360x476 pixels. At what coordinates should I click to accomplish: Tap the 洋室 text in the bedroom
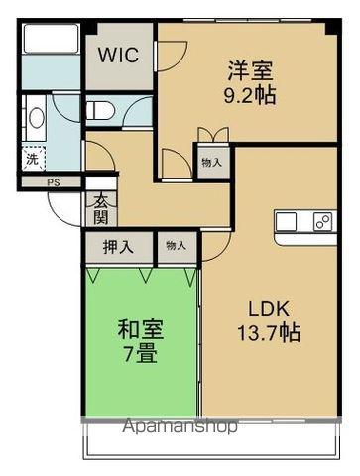pos(251,71)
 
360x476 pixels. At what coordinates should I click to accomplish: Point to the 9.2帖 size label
pos(251,95)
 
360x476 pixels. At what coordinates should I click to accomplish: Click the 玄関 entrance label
pos(100,208)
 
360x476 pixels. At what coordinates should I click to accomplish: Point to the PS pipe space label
pos(53,182)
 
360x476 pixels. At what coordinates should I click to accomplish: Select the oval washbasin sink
pos(37,118)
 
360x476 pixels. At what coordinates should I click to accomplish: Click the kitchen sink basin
pos(286,221)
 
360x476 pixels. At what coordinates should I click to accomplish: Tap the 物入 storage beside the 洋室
pos(211,162)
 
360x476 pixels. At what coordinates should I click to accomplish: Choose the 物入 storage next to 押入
pos(176,244)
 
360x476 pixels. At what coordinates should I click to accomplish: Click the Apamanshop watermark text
pos(180,428)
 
